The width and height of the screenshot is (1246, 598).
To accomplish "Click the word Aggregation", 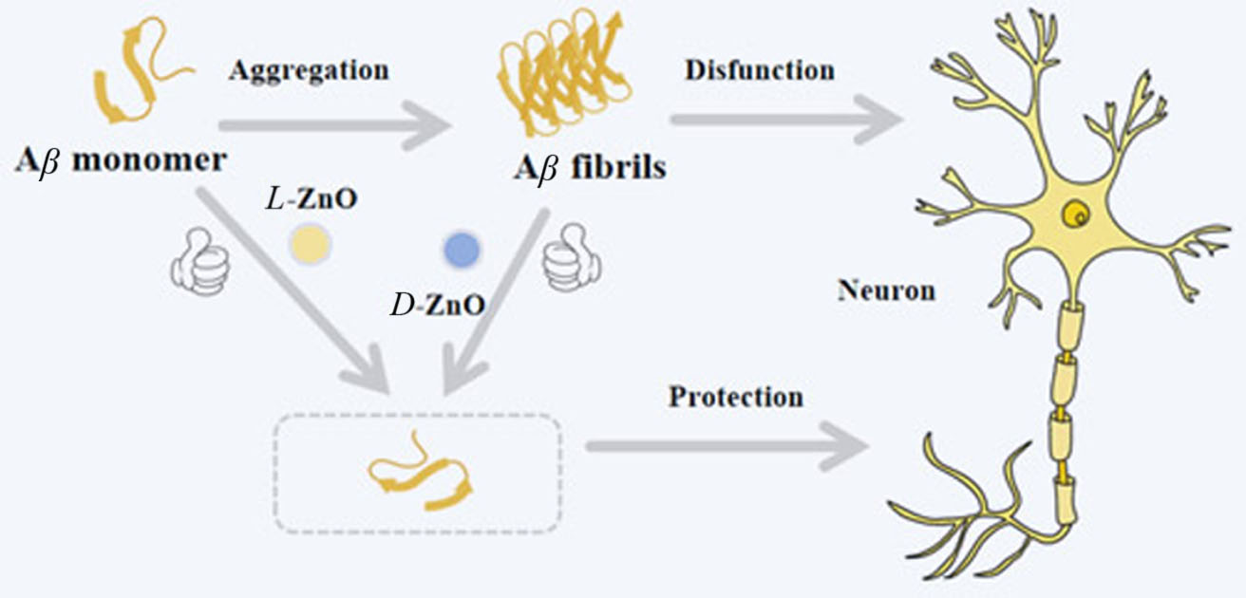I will click(309, 71).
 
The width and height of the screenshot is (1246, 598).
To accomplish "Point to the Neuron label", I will click(886, 290).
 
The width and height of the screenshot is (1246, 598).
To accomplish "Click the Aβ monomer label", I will click(121, 159).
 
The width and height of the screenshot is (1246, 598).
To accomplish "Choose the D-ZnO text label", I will click(437, 306).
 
